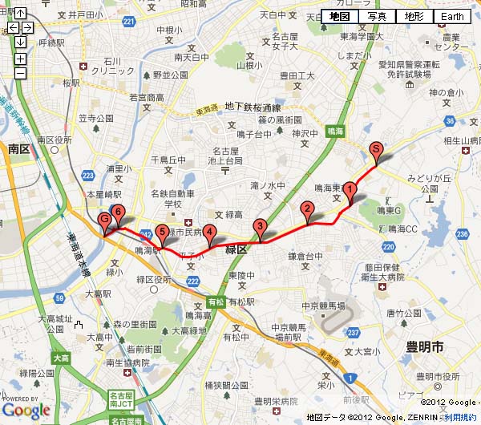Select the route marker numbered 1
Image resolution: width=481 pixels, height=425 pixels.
click(x=350, y=190)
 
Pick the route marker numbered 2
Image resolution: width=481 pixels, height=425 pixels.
click(x=306, y=210)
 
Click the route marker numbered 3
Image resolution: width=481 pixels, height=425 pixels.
click(x=259, y=227)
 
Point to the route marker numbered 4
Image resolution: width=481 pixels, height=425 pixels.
click(x=209, y=233)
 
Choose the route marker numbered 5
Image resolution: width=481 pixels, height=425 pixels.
click(x=162, y=233)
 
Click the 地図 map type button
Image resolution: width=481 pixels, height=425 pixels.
click(x=339, y=17)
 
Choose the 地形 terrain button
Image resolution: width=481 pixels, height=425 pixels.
click(x=414, y=17)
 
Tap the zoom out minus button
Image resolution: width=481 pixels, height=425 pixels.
click(x=20, y=74)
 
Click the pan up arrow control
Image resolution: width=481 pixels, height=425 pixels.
click(x=20, y=14)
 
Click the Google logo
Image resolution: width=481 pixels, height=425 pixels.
click(x=26, y=410)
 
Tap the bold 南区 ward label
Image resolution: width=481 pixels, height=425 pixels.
click(x=18, y=149)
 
